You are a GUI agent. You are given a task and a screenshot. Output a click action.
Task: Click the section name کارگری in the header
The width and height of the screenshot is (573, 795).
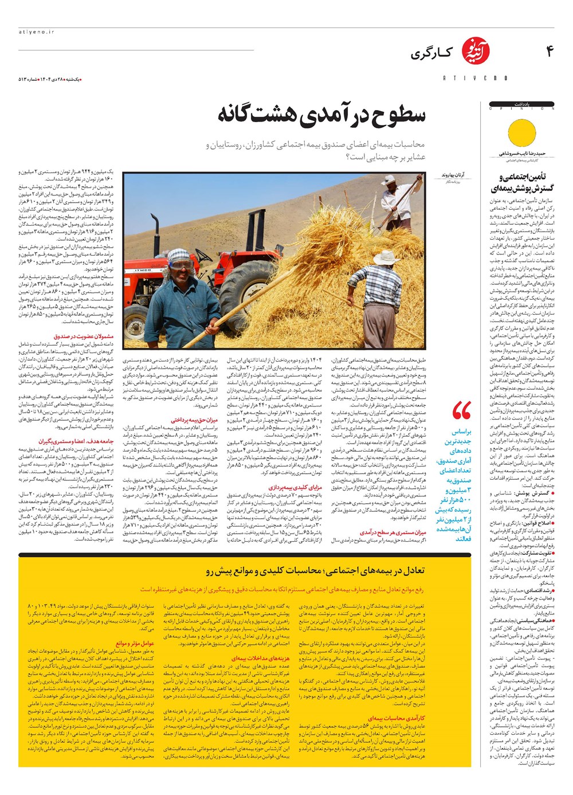431,54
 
